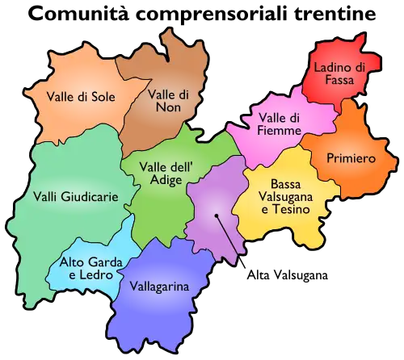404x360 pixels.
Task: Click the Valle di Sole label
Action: [x=81, y=97]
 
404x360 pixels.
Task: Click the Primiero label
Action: [x=348, y=158]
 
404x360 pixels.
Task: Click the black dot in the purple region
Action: [x=216, y=216]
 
